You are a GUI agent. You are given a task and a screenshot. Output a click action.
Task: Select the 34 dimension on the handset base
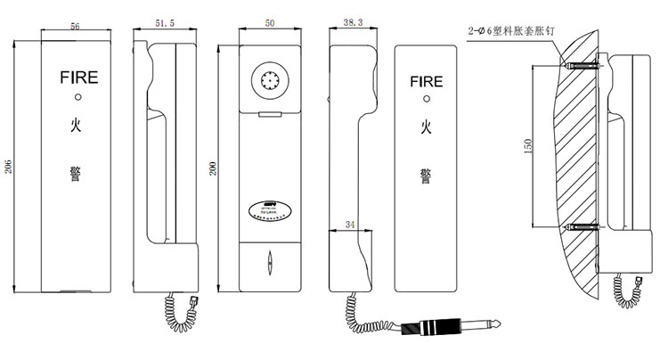coord(348,226)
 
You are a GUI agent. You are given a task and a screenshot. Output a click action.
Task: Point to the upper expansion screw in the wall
coord(583,65)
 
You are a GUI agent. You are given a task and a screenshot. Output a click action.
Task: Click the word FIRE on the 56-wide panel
coord(77,78)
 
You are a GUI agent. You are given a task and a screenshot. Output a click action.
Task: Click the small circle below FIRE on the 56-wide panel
coord(77,98)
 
